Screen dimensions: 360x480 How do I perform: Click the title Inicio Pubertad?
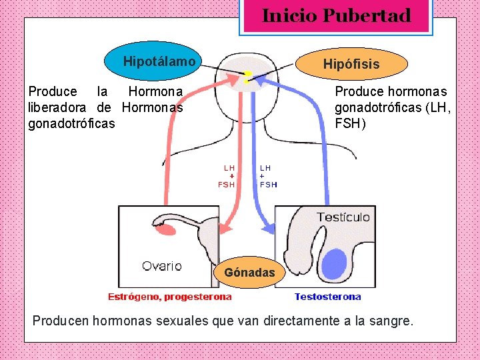[x=336, y=16]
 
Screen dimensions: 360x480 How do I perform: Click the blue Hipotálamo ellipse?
[x=159, y=61]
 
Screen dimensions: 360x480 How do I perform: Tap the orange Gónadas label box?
[x=249, y=273]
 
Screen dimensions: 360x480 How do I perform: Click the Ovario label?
[x=161, y=266]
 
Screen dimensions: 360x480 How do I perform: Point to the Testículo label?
[x=343, y=217]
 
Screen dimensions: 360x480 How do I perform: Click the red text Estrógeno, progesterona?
[x=170, y=297]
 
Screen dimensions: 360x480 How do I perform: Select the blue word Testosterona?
[x=327, y=297]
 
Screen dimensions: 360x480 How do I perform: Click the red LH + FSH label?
[x=228, y=176]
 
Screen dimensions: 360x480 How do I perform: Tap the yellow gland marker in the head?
[x=247, y=77]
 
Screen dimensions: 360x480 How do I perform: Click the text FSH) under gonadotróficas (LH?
[x=349, y=123]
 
